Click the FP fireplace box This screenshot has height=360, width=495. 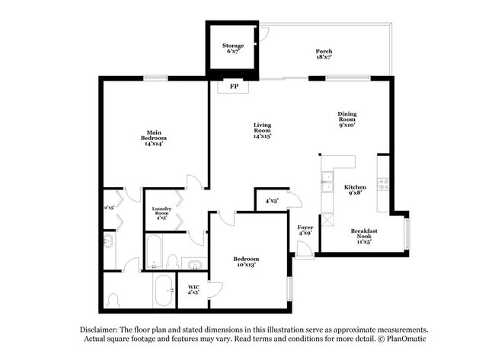233,87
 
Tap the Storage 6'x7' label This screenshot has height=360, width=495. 233,49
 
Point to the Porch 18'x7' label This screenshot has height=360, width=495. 324,54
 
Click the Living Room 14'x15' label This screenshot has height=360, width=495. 262,130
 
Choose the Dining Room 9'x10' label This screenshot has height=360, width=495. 347,119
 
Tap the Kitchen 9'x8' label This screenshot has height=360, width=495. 355,190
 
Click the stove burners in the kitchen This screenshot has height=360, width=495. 385,183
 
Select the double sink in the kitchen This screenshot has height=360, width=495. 327,181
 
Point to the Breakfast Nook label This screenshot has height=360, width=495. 364,234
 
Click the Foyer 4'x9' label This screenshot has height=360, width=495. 305,230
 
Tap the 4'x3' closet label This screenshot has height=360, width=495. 271,201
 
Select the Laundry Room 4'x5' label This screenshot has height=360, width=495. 161,211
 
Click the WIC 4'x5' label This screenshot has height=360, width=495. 193,289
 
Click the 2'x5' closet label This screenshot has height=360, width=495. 110,207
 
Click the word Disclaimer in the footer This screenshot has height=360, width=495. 99,330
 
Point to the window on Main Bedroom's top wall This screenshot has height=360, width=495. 156,78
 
